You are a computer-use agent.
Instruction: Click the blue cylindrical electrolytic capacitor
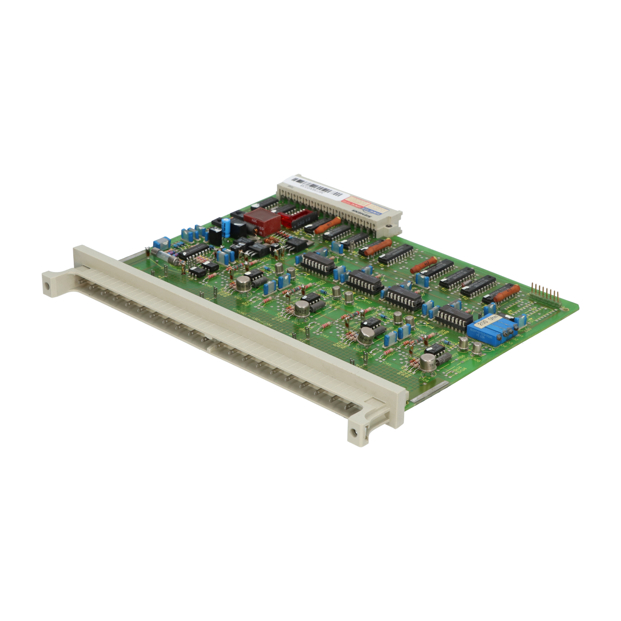(226, 228)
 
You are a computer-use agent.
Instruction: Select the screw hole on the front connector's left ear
(48, 286)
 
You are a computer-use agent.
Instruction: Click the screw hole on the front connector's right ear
(353, 434)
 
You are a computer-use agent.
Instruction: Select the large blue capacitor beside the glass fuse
(161, 243)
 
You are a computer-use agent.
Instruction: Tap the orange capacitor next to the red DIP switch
(323, 226)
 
